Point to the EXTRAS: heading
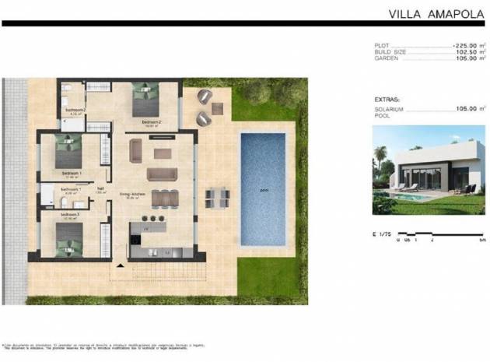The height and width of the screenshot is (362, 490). (x=387, y=100)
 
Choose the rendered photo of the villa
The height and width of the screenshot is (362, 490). (x=429, y=170)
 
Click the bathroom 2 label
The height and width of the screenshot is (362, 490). (x=75, y=110)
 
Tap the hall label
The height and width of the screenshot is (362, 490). (x=100, y=188)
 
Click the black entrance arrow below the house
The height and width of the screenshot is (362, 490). (x=120, y=266)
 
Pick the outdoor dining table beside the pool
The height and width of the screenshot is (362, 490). (x=217, y=198)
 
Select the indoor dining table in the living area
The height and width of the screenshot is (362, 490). (x=164, y=198)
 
